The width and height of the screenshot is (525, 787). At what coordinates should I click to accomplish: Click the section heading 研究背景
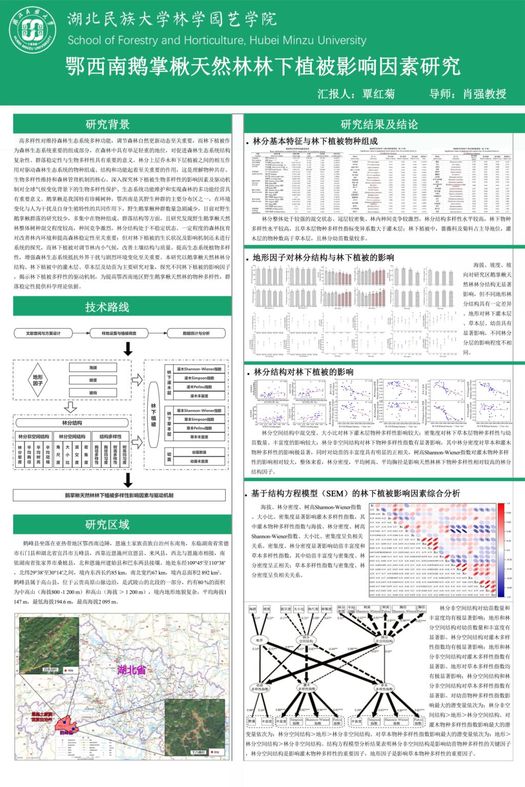[107, 124]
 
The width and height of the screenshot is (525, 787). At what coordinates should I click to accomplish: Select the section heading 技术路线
[107, 307]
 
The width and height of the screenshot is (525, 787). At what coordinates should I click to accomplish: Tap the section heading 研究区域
[107, 524]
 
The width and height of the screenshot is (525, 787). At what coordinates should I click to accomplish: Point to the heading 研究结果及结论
[379, 124]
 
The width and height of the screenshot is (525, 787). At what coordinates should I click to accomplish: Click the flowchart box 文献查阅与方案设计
[44, 334]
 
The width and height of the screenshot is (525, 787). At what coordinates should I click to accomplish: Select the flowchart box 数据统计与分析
[196, 334]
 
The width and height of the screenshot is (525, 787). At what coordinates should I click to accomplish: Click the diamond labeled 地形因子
[38, 380]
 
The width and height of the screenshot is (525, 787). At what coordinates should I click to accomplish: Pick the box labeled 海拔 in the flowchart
[93, 368]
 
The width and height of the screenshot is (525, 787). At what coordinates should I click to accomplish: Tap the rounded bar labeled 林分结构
[72, 423]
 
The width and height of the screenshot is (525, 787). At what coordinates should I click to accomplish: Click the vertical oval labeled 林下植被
[153, 415]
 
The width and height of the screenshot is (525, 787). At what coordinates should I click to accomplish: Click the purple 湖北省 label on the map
[131, 669]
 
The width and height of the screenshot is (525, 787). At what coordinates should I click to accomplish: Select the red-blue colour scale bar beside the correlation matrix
[501, 551]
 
